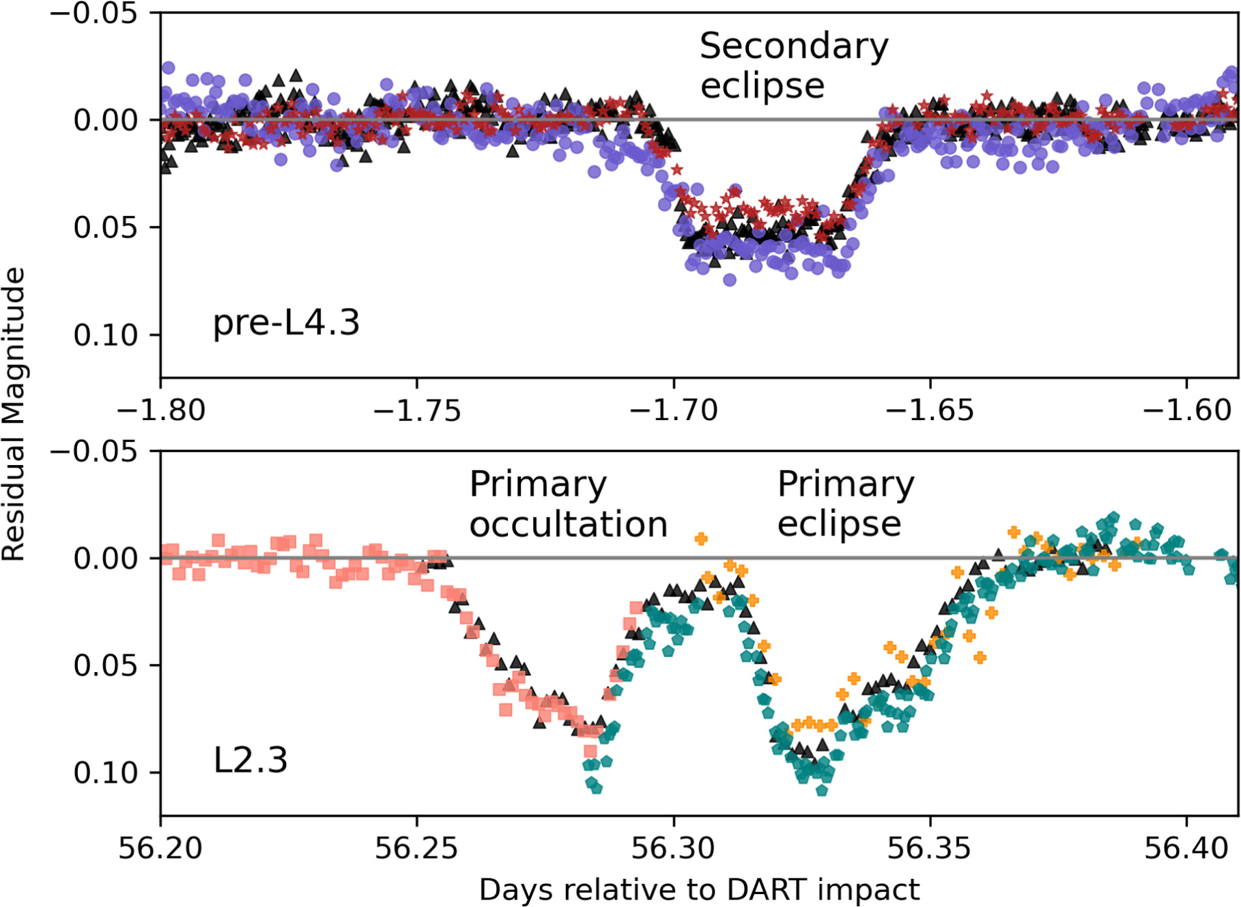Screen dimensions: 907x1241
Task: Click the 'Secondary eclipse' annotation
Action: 794,66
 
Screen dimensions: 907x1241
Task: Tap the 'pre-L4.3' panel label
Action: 286,322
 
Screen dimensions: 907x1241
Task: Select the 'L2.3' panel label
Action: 251,759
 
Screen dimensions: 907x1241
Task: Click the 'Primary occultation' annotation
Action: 568,504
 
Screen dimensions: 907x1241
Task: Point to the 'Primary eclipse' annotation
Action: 846,504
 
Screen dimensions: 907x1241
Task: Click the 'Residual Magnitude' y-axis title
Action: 14,414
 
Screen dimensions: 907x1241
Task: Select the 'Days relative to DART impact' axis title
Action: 699,890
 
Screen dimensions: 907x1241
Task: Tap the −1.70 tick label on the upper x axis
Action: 673,410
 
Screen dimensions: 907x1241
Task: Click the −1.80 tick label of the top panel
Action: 161,410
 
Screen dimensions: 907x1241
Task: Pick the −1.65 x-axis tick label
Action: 930,410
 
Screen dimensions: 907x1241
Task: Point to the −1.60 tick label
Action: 1186,410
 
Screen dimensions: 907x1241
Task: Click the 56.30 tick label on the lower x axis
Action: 673,848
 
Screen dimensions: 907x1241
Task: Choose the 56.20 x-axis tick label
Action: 161,848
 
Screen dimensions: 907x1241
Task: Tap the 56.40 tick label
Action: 1186,848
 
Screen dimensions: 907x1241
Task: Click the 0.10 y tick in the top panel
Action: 106,335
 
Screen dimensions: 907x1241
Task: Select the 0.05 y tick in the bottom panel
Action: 106,665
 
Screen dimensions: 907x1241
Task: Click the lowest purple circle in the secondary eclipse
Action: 730,279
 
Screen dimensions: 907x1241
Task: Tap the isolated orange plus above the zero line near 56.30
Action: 701,539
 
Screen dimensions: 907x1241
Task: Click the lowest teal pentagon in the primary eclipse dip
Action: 822,790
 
